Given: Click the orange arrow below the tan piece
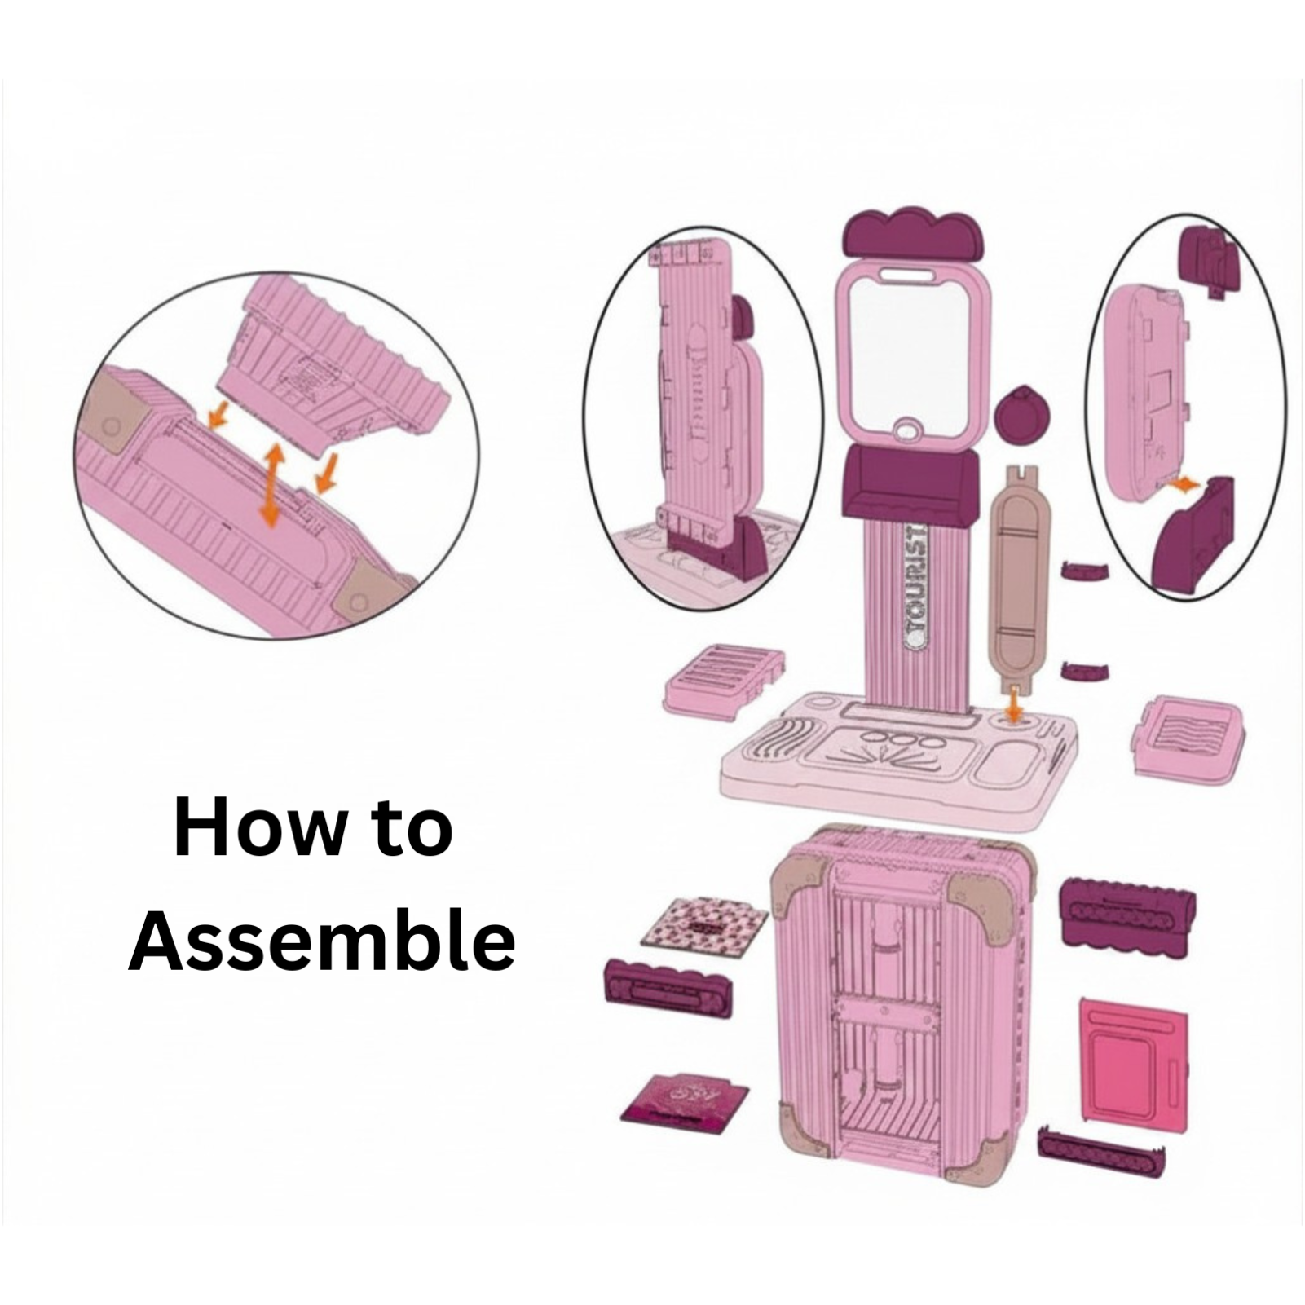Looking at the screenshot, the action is (1013, 703).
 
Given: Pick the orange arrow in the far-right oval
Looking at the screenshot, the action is (1183, 484).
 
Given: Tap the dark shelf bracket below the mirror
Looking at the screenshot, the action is (910, 483).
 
